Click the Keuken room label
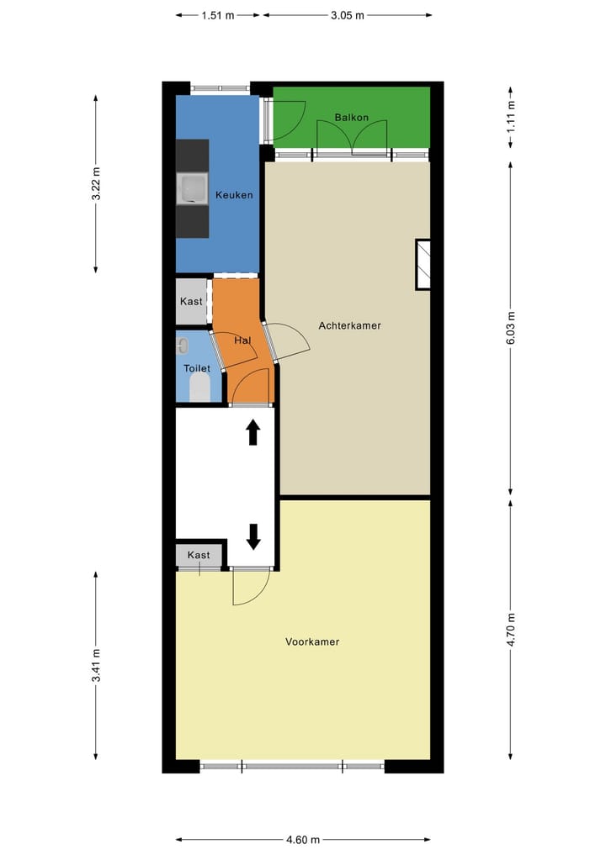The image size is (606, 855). pos(233,195)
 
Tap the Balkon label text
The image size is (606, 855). pos(351,118)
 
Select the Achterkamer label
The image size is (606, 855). pos(349,325)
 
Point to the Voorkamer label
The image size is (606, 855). pos(312,641)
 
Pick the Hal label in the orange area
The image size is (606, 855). pos(242,340)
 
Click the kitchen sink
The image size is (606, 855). pos(192,189)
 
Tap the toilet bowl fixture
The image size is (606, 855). pos(199,388)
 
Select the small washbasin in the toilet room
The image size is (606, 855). pos(181,346)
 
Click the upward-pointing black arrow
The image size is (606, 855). pos(252,433)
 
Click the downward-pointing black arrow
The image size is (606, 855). pos(252,535)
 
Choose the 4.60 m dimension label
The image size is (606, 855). pos(303,839)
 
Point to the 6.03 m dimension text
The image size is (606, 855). pos(511,327)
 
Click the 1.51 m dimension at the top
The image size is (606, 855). pos(218,15)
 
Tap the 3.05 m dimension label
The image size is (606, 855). pos(347,15)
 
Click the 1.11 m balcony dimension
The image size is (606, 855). pos(511,117)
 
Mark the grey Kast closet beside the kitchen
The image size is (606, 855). pos(192,301)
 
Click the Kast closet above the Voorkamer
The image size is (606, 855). pos(199,556)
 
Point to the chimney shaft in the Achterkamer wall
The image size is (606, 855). pos(423,265)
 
